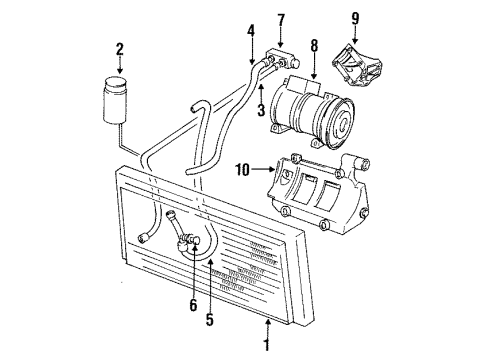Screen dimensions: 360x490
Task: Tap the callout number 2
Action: click(x=119, y=49)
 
